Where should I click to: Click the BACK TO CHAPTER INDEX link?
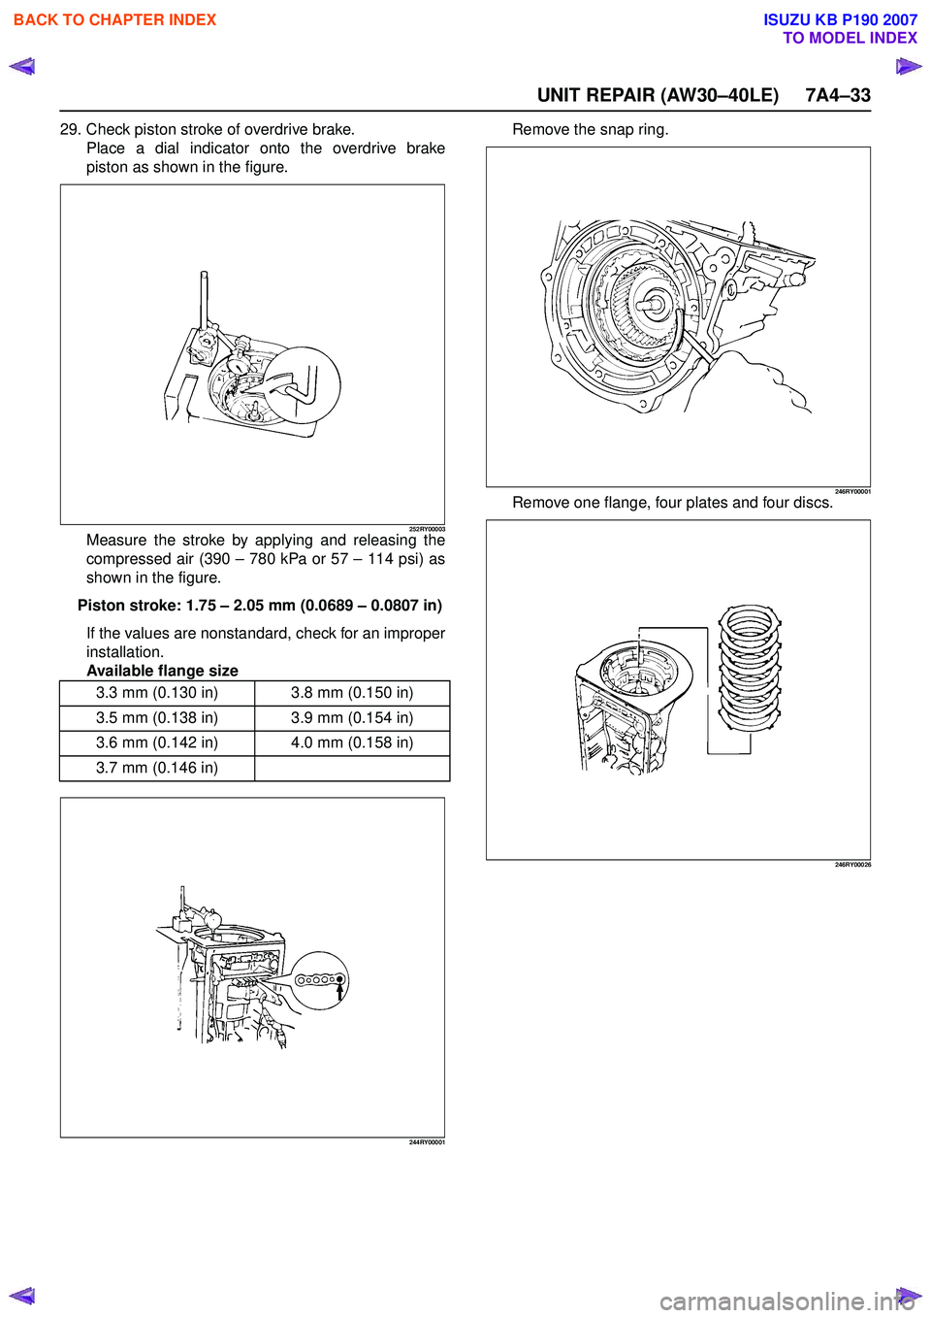pyautogui.click(x=114, y=19)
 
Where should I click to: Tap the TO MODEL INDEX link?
pyautogui.click(x=850, y=38)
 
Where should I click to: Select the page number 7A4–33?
pyautogui.click(x=838, y=95)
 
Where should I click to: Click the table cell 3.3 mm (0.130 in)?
pyautogui.click(x=157, y=693)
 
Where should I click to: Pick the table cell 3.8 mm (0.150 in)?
pyautogui.click(x=352, y=693)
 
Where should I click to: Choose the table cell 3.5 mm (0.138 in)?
pyautogui.click(x=157, y=718)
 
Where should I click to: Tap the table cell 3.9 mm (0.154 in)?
pyautogui.click(x=352, y=718)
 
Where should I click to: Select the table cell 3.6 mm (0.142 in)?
pyautogui.click(x=157, y=742)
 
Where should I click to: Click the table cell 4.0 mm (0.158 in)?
pyautogui.click(x=352, y=742)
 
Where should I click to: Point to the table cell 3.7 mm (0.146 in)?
pyautogui.click(x=157, y=768)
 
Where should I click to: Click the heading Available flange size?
pyautogui.click(x=162, y=671)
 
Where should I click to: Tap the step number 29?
pyautogui.click(x=70, y=129)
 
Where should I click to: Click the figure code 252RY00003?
pyautogui.click(x=427, y=529)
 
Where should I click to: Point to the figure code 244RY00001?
pyautogui.click(x=427, y=1142)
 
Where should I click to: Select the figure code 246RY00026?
pyautogui.click(x=852, y=865)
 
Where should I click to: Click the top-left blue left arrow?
pyautogui.click(x=21, y=67)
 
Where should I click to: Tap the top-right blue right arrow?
pyautogui.click(x=909, y=67)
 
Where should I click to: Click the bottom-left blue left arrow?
pyautogui.click(x=21, y=1296)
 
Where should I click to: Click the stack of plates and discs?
pyautogui.click(x=750, y=669)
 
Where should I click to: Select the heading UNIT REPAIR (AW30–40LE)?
pyautogui.click(x=658, y=95)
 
